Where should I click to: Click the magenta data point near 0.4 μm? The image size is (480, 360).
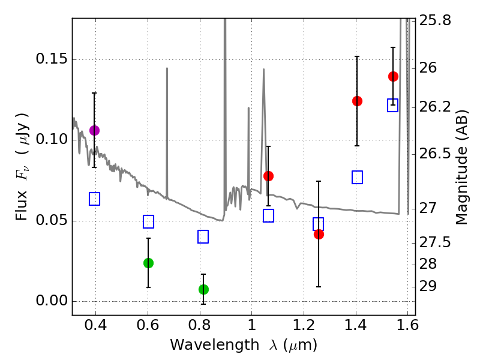[94, 130]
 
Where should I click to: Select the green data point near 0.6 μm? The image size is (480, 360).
[148, 263]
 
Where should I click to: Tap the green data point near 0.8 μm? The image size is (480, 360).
[203, 289]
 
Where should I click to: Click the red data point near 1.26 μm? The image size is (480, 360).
[319, 234]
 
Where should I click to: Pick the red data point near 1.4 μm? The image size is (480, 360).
[357, 101]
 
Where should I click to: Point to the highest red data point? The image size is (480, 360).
[393, 76]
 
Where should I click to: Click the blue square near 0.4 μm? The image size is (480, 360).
[94, 199]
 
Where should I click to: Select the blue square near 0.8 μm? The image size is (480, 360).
[203, 236]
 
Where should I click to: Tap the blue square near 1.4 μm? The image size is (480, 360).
[357, 177]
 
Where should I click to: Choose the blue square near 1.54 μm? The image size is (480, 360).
[393, 105]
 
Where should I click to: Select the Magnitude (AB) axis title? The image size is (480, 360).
[462, 167]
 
